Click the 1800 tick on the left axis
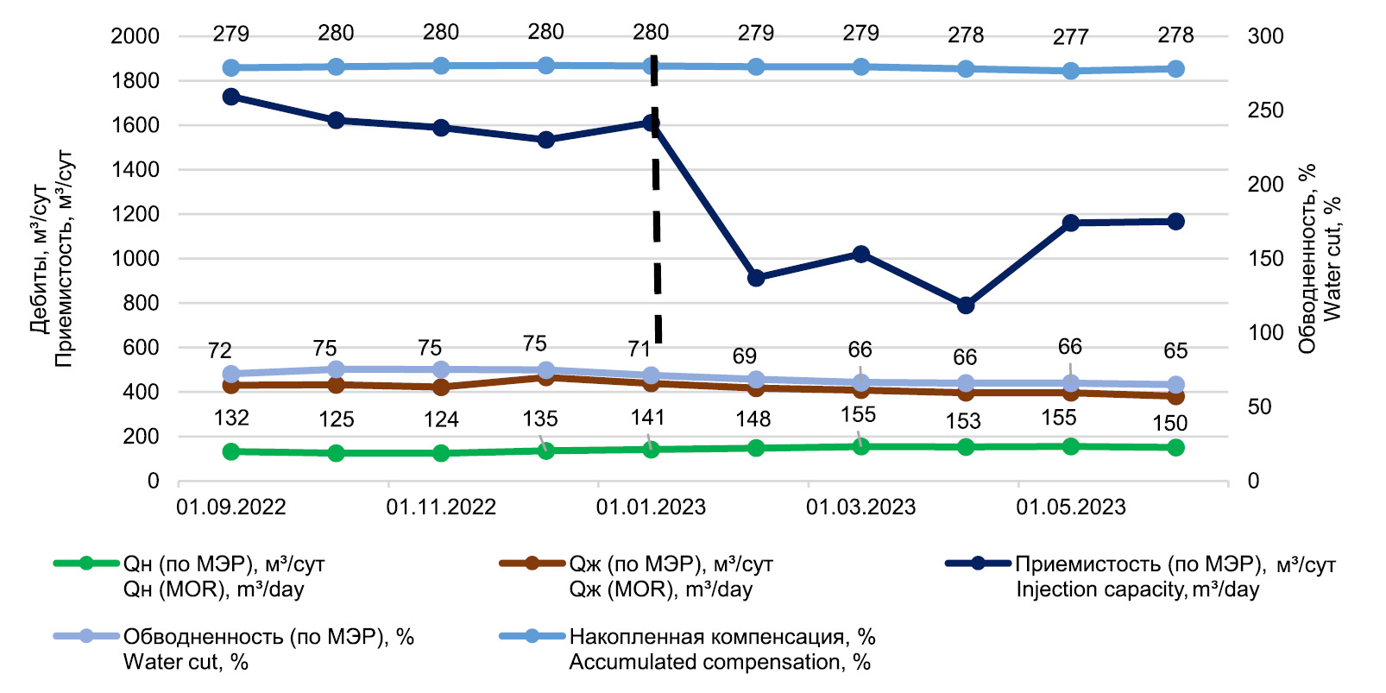[x=135, y=81]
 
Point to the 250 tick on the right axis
[x=1265, y=110]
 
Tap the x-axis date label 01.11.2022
[x=440, y=507]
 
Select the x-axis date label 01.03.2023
[x=860, y=507]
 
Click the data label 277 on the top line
[x=1070, y=37]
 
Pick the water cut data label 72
[x=220, y=351]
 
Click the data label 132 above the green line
[x=230, y=419]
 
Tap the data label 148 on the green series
[x=753, y=419]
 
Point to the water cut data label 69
[x=745, y=356]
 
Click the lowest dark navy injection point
[x=965, y=305]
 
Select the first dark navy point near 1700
[x=230, y=97]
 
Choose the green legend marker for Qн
[x=85, y=563]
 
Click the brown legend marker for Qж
[x=532, y=563]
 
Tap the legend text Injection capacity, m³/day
[x=1137, y=589]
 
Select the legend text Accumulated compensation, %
[x=720, y=662]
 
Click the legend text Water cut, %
[x=186, y=662]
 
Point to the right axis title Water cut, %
[x=1332, y=259]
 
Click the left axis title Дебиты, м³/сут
[x=40, y=259]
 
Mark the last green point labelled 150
[x=1175, y=447]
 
